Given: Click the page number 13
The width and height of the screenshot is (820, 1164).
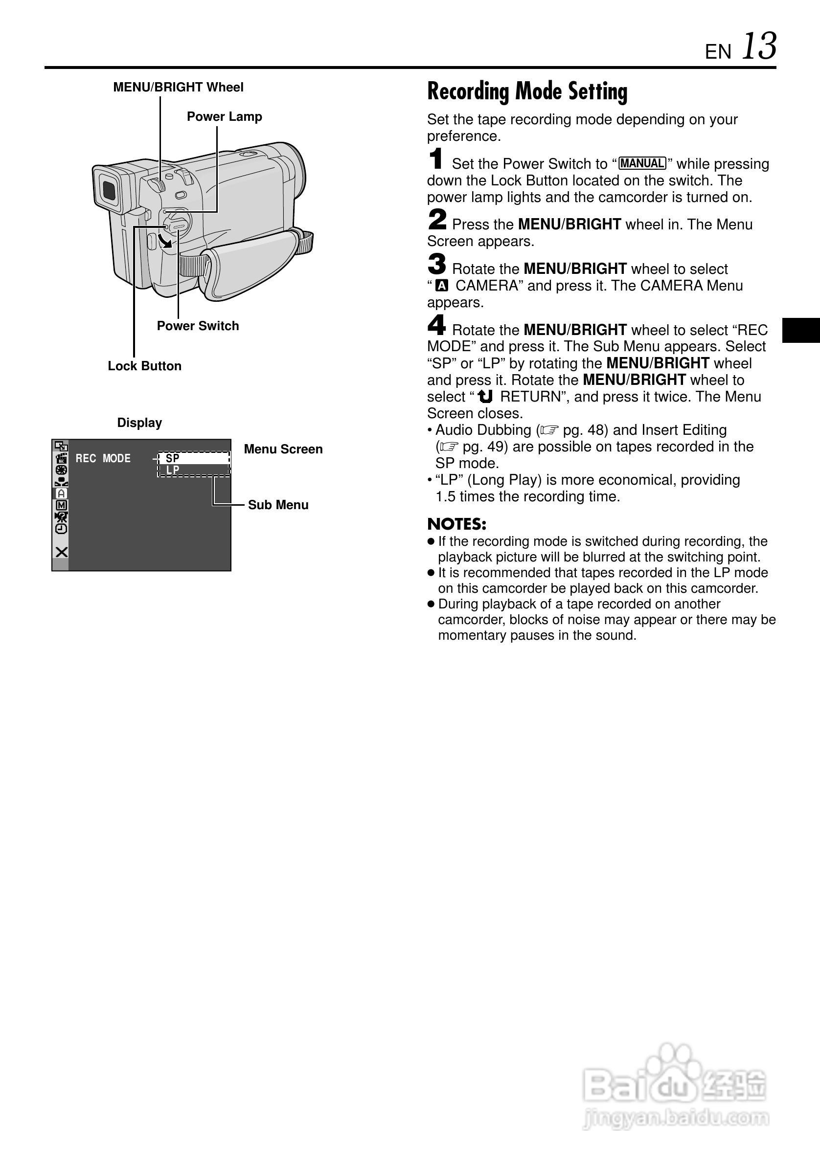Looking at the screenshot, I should click(x=759, y=46).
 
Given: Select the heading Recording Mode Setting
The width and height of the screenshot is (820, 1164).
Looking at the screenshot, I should click(x=527, y=92).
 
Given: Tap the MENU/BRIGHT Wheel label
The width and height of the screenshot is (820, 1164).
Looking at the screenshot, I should click(x=178, y=87).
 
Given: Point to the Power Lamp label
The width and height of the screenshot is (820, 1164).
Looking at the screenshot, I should click(x=224, y=116).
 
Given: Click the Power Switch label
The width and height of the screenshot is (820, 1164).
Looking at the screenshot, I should click(x=198, y=326).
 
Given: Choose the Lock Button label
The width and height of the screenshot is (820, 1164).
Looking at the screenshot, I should click(x=144, y=366).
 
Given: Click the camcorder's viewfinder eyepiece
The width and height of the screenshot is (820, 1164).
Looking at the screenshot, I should click(x=108, y=190).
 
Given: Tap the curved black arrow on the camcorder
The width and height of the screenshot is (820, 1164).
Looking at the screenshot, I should click(x=165, y=241).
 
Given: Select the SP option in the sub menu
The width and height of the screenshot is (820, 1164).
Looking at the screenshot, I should click(x=172, y=458).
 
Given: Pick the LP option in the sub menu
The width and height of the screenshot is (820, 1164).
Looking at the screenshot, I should click(x=172, y=470).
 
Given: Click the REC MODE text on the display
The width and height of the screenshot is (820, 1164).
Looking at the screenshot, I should click(x=103, y=458).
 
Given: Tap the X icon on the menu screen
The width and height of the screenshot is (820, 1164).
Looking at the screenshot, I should click(x=61, y=552).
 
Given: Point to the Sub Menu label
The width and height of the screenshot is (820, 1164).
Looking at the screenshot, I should click(x=278, y=505).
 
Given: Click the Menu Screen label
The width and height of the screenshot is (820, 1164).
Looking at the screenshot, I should click(x=283, y=449).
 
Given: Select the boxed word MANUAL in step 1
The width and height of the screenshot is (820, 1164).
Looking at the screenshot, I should click(x=642, y=163).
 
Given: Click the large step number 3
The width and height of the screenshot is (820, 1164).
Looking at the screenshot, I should click(x=436, y=265).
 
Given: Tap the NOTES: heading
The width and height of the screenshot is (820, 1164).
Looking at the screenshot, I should click(x=456, y=524).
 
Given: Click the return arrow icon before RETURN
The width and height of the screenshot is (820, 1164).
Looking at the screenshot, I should click(x=485, y=397).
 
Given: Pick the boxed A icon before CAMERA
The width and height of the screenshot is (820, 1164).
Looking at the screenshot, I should click(x=442, y=286).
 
